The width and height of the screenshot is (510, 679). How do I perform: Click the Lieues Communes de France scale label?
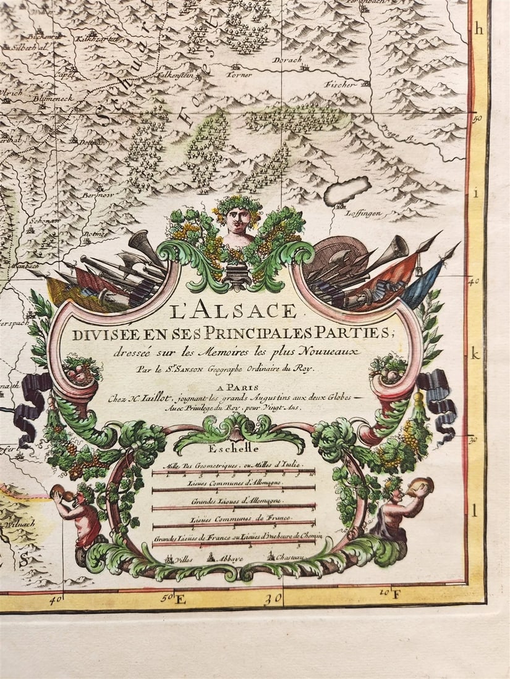233,520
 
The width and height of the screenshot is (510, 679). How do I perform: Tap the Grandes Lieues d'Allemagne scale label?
232,501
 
